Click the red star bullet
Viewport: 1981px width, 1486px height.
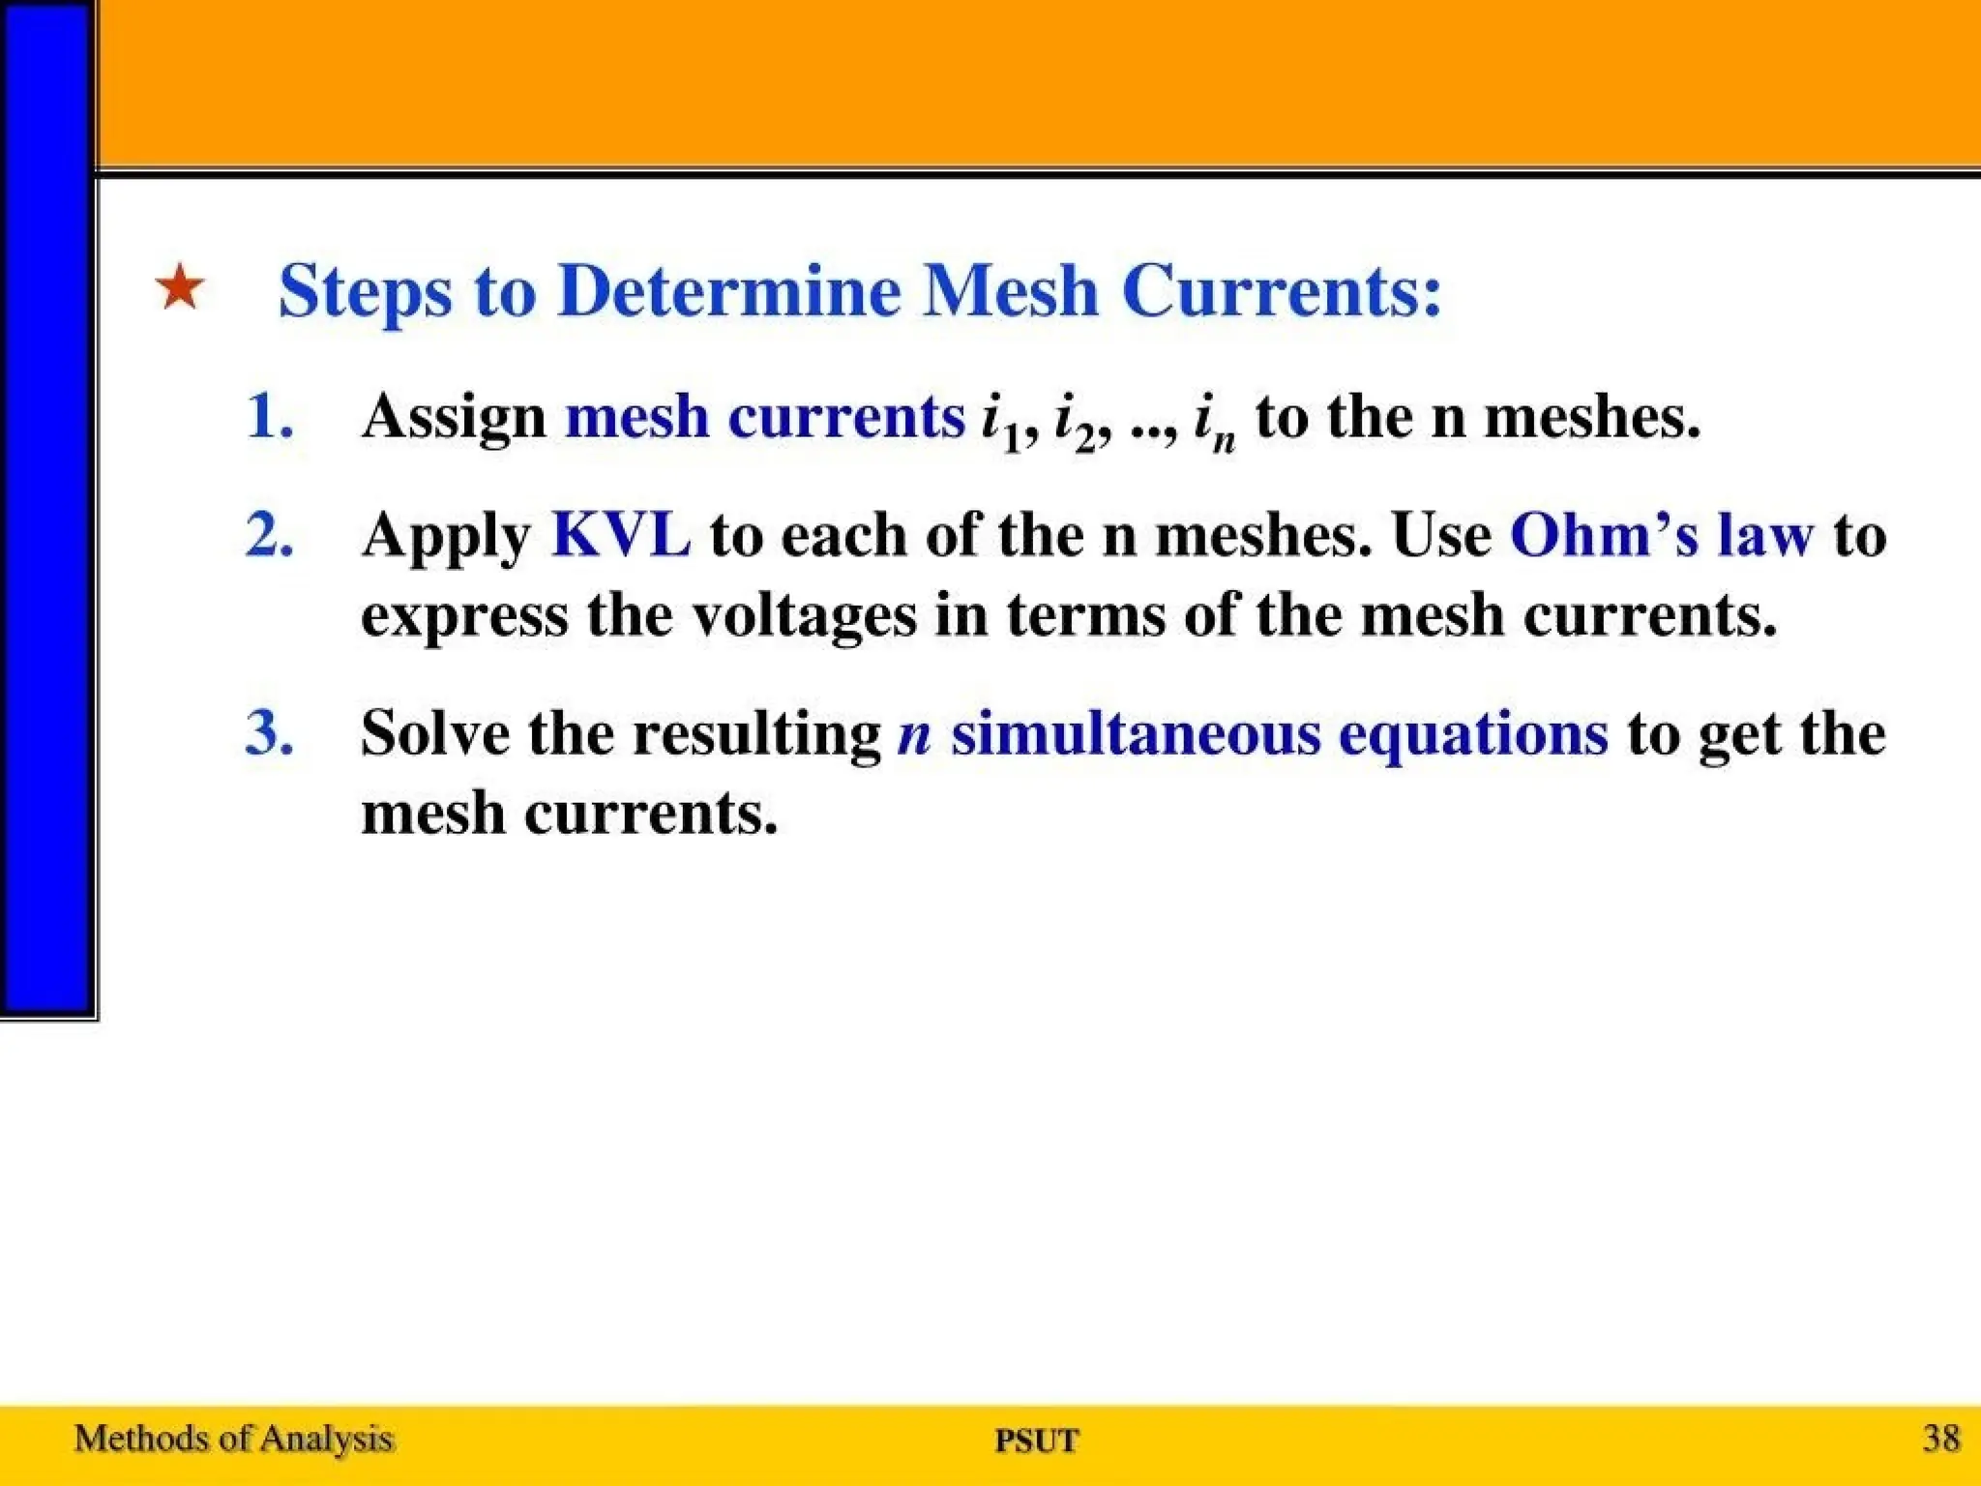tap(180, 288)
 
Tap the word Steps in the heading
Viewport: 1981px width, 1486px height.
tap(365, 292)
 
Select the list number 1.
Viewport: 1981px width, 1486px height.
tap(270, 416)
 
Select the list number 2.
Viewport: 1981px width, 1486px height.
tap(270, 534)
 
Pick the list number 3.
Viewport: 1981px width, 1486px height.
tap(270, 732)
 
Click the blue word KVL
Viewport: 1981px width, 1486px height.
tap(621, 534)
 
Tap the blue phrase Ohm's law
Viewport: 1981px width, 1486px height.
tap(1661, 534)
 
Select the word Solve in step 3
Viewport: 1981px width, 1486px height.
tap(435, 732)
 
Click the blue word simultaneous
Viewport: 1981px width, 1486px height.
tap(1136, 732)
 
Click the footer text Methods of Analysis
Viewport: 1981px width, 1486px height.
tap(234, 1439)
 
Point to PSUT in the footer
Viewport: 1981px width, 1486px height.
tap(1037, 1441)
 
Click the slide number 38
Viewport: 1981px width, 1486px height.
tap(1941, 1438)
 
